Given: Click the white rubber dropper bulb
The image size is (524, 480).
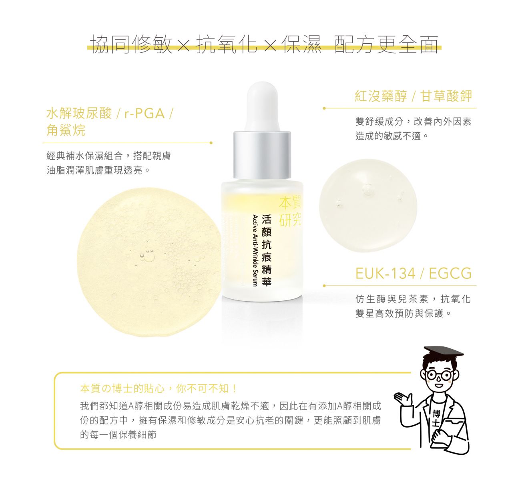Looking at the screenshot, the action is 262,106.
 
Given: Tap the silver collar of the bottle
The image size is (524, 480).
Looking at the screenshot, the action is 262,155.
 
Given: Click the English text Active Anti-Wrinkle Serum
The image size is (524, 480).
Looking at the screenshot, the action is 255,250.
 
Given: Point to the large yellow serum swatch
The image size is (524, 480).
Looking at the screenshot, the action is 149,262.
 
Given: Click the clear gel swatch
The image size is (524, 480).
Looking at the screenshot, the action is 368,206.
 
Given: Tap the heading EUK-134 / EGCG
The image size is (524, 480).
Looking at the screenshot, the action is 413,274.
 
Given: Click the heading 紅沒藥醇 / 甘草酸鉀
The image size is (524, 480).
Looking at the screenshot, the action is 413,96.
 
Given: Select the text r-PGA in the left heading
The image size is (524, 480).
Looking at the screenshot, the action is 145,114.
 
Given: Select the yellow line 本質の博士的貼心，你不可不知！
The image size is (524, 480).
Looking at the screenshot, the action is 159,389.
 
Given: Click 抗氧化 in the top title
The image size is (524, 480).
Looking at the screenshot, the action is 227,44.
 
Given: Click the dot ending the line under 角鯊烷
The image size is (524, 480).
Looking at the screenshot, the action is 211,143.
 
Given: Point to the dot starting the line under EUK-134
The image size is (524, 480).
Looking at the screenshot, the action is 324,286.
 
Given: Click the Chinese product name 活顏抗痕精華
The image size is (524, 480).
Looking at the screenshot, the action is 267,250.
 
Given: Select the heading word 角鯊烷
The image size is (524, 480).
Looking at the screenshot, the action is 66,130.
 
